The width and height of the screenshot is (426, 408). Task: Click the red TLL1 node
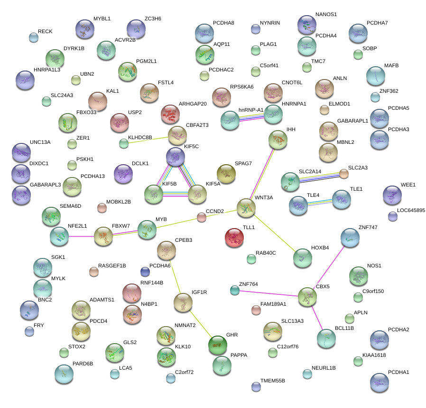click(x=234, y=237)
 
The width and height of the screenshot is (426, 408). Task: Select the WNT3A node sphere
click(x=246, y=207)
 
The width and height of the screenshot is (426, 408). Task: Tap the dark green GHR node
click(x=217, y=344)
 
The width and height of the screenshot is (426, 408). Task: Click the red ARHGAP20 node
click(x=171, y=114)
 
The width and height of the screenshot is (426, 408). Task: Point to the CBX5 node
click(x=307, y=296)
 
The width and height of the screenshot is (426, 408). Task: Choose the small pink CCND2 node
click(x=202, y=217)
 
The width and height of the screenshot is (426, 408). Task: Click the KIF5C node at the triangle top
click(x=176, y=156)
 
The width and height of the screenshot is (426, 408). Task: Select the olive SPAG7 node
click(x=226, y=174)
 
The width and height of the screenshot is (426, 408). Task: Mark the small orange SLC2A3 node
click(x=343, y=174)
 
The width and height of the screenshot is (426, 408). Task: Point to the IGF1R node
click(x=183, y=302)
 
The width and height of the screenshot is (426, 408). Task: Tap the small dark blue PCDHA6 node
click(x=145, y=271)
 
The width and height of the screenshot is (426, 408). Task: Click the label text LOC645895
click(x=411, y=210)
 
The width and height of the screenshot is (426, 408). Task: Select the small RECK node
click(x=33, y=37)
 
